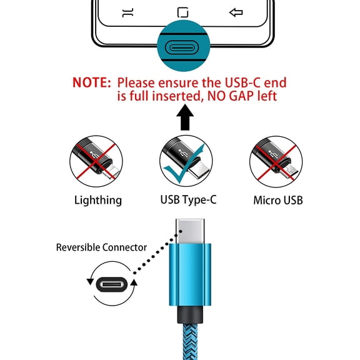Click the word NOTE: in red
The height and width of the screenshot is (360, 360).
point(92,82)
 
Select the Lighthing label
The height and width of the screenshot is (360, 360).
point(97,200)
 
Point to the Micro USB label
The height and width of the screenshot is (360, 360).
point(278,200)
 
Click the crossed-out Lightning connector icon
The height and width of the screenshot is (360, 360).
point(96,160)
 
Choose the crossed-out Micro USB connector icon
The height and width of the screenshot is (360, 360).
point(276,160)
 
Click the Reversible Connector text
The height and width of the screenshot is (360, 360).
point(101,247)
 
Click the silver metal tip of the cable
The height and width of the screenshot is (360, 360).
point(189,231)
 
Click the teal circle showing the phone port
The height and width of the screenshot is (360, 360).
point(182,47)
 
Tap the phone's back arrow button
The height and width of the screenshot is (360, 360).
point(236,12)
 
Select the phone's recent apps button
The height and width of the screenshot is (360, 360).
point(128,12)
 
